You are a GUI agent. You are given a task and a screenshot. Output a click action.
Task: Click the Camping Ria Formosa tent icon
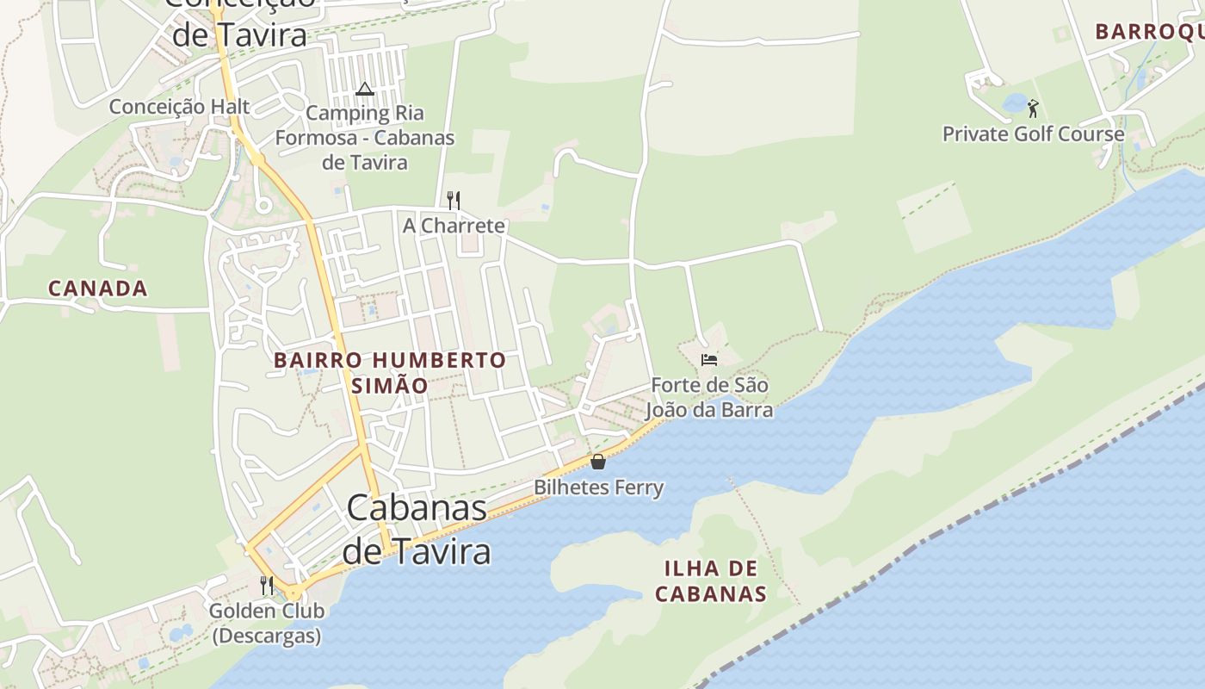click(365, 89)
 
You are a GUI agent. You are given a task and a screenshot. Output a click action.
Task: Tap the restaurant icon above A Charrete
click(454, 201)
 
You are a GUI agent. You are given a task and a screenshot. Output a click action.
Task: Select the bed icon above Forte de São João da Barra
click(709, 359)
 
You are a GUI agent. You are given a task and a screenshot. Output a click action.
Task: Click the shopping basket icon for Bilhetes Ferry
click(598, 462)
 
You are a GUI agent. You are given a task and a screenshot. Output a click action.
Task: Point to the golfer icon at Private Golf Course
click(1033, 109)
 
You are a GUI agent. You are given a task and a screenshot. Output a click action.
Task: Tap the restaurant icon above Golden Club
click(267, 586)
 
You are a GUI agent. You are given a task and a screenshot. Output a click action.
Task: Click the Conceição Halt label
click(179, 107)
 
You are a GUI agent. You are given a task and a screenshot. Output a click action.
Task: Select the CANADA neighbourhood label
click(97, 289)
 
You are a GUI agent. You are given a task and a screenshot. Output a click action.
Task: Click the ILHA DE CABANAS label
click(711, 581)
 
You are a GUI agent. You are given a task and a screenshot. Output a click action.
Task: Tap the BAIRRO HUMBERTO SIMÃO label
click(390, 372)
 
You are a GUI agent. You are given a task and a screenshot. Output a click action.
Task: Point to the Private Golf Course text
click(1033, 134)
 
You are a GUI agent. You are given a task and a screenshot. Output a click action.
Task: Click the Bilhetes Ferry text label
click(599, 487)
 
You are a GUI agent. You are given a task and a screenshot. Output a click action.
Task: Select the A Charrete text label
click(454, 226)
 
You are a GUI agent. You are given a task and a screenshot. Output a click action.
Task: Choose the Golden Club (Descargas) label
click(267, 624)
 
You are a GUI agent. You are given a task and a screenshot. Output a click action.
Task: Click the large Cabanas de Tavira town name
click(417, 529)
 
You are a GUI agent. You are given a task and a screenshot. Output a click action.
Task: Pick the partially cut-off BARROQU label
click(1149, 32)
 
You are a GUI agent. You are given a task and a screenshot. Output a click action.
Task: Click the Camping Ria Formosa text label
click(365, 137)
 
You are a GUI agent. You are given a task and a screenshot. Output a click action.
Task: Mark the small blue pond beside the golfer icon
click(1015, 104)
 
